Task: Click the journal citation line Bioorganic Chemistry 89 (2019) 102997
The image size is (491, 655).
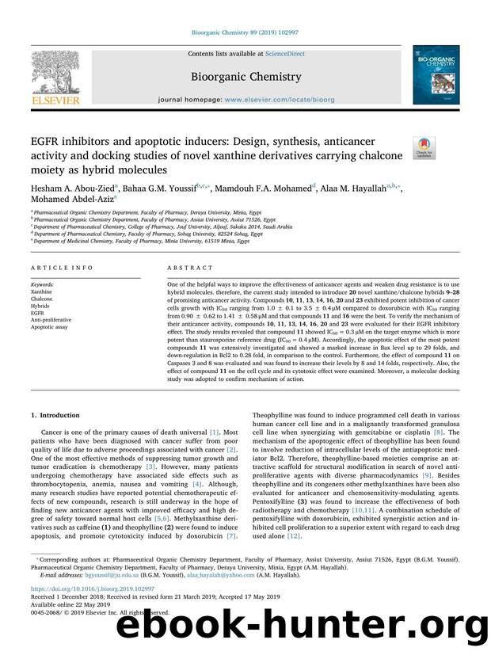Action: (245, 32)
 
